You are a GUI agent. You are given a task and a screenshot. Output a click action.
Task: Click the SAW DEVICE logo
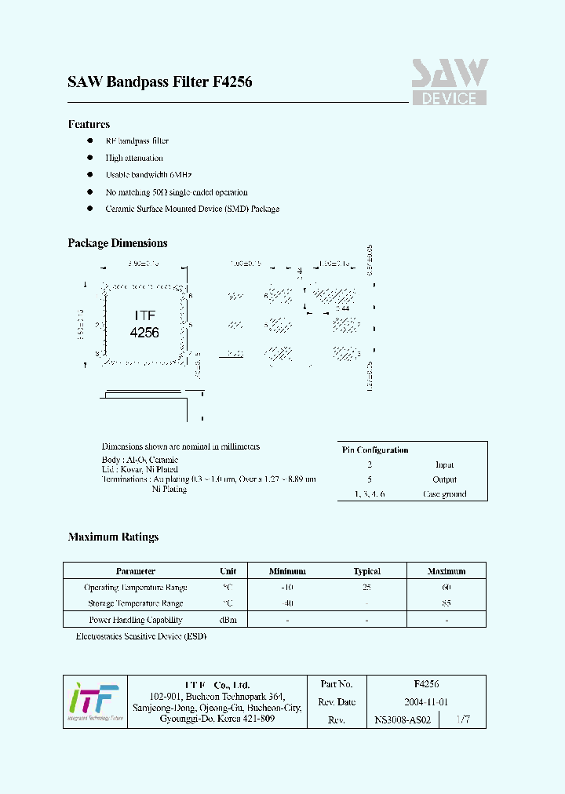[x=450, y=82]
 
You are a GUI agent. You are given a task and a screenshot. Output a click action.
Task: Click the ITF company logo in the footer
[x=93, y=701]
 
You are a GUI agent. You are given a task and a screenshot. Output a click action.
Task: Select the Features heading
[x=89, y=124]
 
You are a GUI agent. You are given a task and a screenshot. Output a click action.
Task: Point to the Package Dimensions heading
[x=118, y=243]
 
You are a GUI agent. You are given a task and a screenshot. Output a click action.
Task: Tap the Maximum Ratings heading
[x=113, y=537]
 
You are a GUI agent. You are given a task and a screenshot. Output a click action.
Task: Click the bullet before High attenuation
[x=89, y=158]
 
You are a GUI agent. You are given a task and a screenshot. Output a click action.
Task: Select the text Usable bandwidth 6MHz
[x=148, y=175]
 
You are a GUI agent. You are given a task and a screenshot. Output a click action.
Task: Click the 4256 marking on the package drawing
[x=144, y=332]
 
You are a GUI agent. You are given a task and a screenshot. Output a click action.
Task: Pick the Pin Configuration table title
[x=375, y=450]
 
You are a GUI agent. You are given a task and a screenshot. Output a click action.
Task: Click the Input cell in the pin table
[x=444, y=464]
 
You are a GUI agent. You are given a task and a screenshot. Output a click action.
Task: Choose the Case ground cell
[x=444, y=494]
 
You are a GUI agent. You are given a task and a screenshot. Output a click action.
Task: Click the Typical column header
[x=366, y=571]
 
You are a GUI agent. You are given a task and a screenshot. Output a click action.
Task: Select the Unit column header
[x=228, y=571]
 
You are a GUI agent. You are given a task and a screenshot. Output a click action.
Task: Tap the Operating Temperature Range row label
[x=135, y=588]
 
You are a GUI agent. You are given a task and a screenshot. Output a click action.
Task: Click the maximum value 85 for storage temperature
[x=446, y=603]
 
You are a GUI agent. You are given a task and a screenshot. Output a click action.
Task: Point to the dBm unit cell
[x=228, y=620]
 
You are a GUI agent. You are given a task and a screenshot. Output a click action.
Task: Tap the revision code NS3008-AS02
[x=403, y=719]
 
